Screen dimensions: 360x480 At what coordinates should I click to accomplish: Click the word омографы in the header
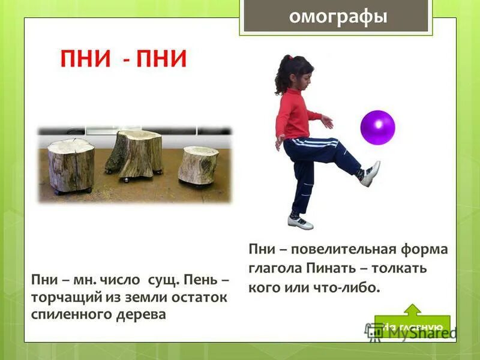tap(337, 16)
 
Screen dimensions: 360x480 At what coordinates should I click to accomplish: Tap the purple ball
tap(377, 127)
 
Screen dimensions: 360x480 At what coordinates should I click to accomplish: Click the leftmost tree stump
tap(71, 165)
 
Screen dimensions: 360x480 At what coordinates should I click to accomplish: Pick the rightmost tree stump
tap(198, 164)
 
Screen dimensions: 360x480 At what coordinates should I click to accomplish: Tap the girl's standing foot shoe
tap(300, 222)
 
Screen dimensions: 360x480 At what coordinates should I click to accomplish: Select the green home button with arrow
tap(412, 322)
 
